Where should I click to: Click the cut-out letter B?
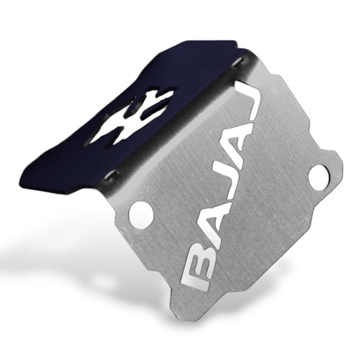coord(199,268)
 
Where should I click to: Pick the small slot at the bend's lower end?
coord(111,176)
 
